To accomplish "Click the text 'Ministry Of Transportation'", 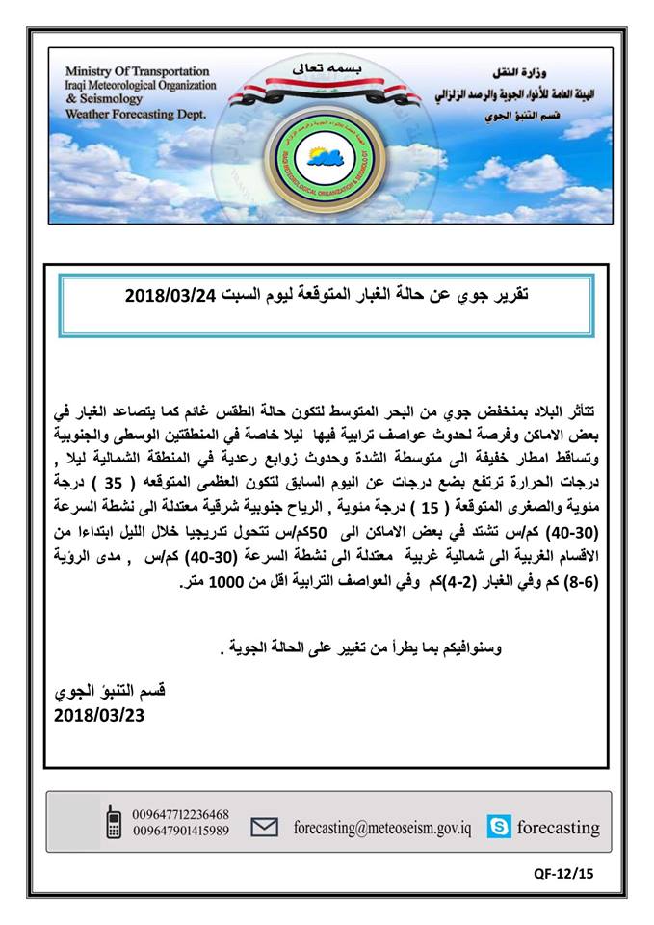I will pyautogui.click(x=135, y=71).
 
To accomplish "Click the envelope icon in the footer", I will pyautogui.click(x=265, y=827).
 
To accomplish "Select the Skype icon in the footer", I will pyautogui.click(x=499, y=827).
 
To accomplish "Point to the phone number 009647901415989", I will pyautogui.click(x=181, y=831).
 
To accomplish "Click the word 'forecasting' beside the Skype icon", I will pyautogui.click(x=559, y=827).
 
